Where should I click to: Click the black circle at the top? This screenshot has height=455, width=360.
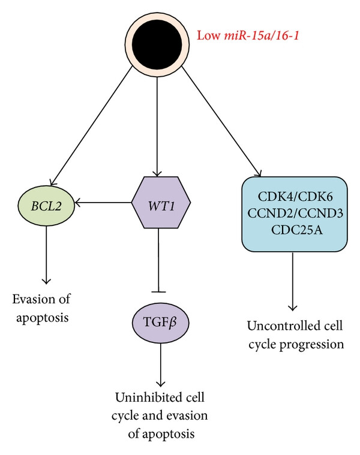click(x=157, y=44)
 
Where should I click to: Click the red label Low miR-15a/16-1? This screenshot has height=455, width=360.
click(x=248, y=36)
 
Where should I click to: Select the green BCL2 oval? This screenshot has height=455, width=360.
click(x=46, y=206)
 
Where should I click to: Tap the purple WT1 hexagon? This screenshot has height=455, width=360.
click(x=161, y=203)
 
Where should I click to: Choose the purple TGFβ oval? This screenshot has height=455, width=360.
click(x=161, y=322)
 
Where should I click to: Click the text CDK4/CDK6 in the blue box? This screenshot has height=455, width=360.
click(x=295, y=197)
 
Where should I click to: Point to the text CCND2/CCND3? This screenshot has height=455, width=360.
click(x=295, y=213)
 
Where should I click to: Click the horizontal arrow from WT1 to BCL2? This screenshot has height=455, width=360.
click(x=103, y=202)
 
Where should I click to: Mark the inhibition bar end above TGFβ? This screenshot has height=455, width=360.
click(x=158, y=291)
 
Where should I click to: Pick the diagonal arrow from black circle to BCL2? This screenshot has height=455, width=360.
click(x=91, y=125)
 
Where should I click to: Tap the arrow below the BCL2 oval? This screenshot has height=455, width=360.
click(x=46, y=255)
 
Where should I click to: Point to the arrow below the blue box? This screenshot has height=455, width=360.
click(x=292, y=281)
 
